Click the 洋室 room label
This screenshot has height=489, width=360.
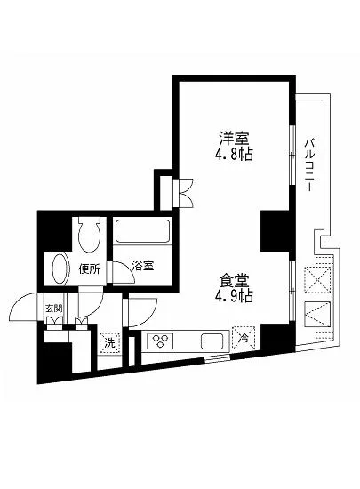(x=235, y=138)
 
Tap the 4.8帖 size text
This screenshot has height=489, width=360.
(x=235, y=153)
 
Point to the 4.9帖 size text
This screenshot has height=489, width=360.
(x=235, y=296)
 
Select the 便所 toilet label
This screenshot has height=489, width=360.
(x=87, y=269)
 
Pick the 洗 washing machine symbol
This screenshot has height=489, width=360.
(x=109, y=341)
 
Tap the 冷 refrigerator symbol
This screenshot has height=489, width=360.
(x=241, y=339)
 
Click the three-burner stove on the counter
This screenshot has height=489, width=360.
(x=161, y=341)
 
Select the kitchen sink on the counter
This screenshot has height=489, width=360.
(x=212, y=341)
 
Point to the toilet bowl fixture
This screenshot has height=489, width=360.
(x=87, y=235)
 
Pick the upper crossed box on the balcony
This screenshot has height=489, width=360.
(x=318, y=277)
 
